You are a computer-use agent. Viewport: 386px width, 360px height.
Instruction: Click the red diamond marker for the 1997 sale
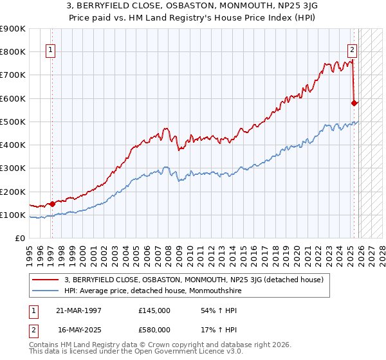click(52, 204)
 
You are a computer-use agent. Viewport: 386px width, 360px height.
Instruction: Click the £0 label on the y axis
click(19, 238)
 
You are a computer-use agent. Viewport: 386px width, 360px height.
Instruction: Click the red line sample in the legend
click(46, 279)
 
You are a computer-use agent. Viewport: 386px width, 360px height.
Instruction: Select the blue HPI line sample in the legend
click(46, 290)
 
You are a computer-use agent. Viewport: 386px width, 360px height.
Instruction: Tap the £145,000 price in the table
click(154, 310)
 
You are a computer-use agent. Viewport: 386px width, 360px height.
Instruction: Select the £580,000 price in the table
click(154, 330)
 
